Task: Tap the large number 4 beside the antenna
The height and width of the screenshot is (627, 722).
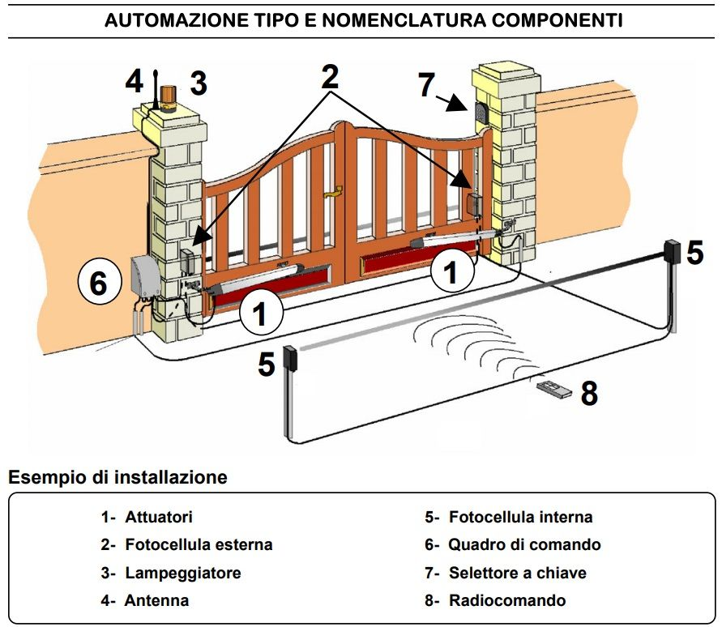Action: pyautogui.click(x=135, y=82)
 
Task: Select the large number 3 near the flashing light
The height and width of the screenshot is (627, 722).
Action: pyautogui.click(x=199, y=83)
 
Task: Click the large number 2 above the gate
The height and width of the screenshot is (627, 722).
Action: pyautogui.click(x=329, y=77)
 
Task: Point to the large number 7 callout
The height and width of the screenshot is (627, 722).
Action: pyautogui.click(x=427, y=84)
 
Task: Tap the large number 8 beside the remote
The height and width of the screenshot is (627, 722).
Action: pyautogui.click(x=589, y=394)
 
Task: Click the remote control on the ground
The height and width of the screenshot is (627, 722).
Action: pyautogui.click(x=554, y=390)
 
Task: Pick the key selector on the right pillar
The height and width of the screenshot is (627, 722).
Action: pyautogui.click(x=479, y=113)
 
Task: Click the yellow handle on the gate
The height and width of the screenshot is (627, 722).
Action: pyautogui.click(x=333, y=193)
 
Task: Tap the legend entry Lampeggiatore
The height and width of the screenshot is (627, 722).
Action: pyautogui.click(x=182, y=573)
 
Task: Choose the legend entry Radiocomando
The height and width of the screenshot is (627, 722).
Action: pyautogui.click(x=507, y=600)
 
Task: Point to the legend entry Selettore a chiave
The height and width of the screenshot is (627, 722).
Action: pyautogui.click(x=517, y=573)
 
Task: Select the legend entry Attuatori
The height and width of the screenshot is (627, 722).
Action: pyautogui.click(x=159, y=517)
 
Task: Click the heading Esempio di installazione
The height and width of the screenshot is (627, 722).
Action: pyautogui.click(x=117, y=477)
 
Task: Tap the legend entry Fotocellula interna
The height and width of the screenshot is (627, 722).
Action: pyautogui.click(x=520, y=517)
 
